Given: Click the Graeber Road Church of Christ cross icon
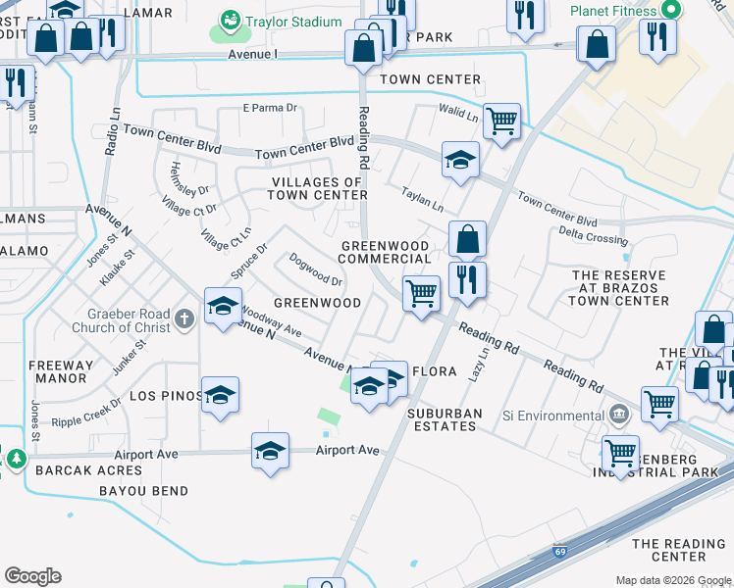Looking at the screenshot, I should (184, 318).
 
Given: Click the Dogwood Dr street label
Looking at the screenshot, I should (316, 269).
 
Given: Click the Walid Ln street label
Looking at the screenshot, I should (459, 118).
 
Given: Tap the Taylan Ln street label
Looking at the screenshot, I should (423, 201).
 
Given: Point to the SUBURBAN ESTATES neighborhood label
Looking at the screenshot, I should (445, 420).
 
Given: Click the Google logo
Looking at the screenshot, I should (32, 576).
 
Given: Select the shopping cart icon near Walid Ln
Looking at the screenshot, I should (501, 122).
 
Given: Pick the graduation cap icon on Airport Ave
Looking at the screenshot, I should (270, 451).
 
